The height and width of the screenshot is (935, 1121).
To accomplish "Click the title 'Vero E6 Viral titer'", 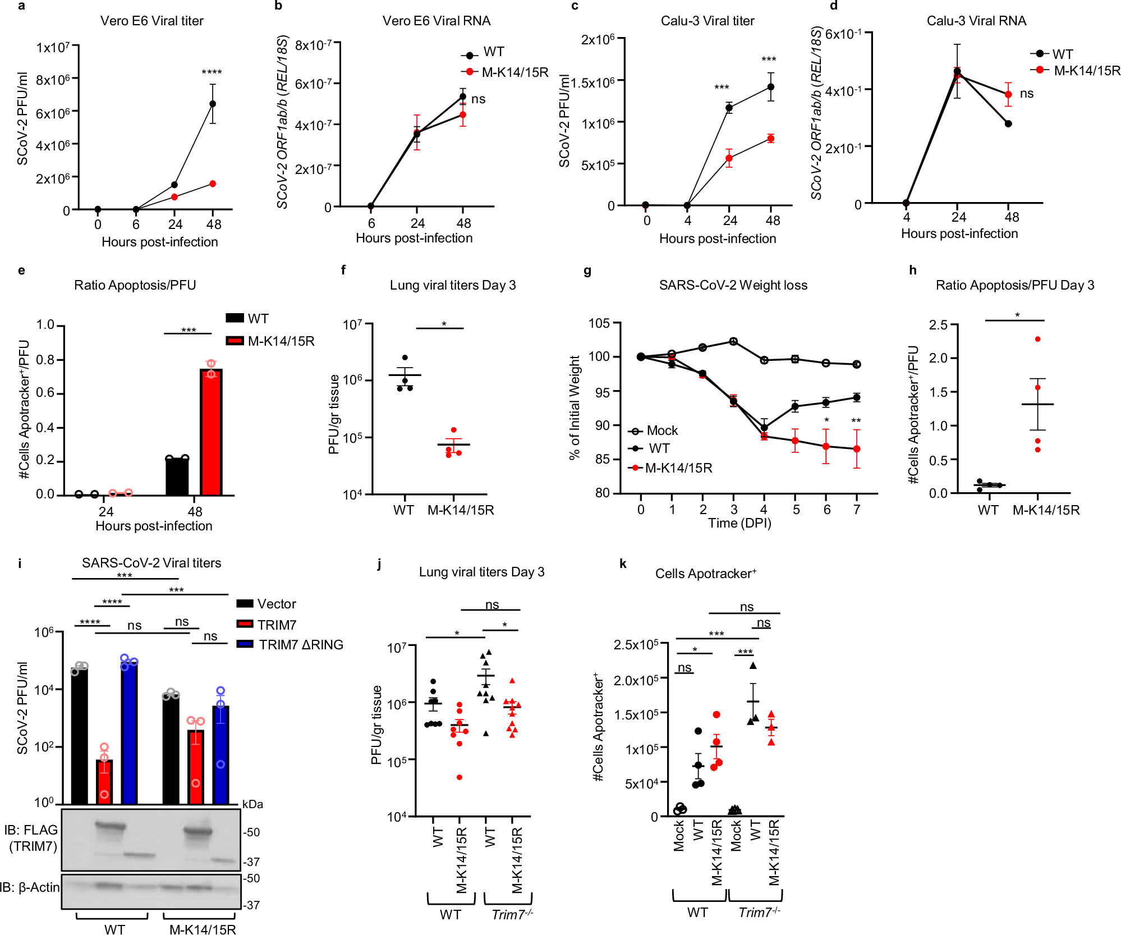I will (x=151, y=21).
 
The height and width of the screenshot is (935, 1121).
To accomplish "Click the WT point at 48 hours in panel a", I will (x=213, y=104).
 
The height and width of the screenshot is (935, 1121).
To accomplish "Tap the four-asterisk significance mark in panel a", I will (x=212, y=72).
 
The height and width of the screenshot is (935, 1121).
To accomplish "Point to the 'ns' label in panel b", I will (x=479, y=99).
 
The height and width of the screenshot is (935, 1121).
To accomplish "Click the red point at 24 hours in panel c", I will (x=729, y=158).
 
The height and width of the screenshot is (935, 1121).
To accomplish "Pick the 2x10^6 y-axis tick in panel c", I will (x=598, y=39).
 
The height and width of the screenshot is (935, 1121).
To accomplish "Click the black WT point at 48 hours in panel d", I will (x=1008, y=123).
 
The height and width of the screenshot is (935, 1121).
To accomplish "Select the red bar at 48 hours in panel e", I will (x=211, y=432).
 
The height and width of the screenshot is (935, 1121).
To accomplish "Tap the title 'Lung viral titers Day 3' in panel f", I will (x=453, y=285).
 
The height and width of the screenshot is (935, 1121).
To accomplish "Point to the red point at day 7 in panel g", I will (x=857, y=449).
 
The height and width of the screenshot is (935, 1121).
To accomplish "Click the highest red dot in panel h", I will (x=1037, y=339).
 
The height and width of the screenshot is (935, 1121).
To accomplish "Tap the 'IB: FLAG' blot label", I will (x=31, y=830).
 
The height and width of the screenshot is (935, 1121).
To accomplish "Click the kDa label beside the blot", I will (x=252, y=804).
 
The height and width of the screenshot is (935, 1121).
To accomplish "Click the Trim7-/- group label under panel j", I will (x=512, y=914).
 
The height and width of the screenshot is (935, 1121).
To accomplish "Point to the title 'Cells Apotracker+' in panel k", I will (x=706, y=574).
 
